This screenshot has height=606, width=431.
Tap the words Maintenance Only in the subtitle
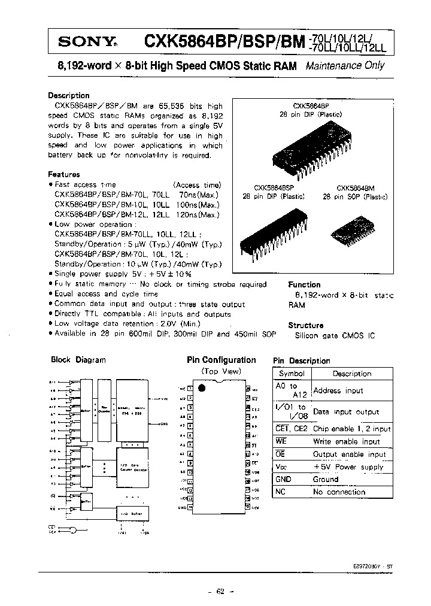click(x=345, y=66)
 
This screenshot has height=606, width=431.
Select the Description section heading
click(x=69, y=95)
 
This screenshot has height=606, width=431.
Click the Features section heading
click(x=64, y=174)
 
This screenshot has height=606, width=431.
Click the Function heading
click(x=304, y=285)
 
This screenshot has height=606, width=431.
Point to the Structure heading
click(x=305, y=325)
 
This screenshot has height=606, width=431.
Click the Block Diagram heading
click(x=78, y=360)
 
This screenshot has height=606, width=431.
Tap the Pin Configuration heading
click(x=221, y=360)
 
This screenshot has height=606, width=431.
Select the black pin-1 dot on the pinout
click(x=201, y=388)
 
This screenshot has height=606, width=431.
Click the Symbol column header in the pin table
click(x=292, y=374)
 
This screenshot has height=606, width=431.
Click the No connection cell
click(x=339, y=492)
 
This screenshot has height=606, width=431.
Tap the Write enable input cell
click(x=346, y=441)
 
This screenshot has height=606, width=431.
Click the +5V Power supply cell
click(x=348, y=466)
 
